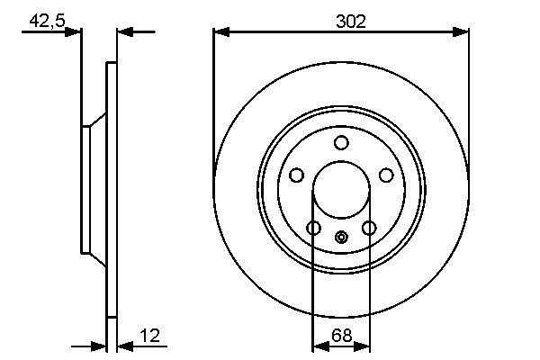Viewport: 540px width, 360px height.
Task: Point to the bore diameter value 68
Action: click(x=341, y=337)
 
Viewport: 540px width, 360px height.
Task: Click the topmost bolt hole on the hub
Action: click(x=341, y=143)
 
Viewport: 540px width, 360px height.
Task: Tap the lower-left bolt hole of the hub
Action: click(x=313, y=229)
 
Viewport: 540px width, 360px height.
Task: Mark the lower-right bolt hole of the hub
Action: click(x=368, y=229)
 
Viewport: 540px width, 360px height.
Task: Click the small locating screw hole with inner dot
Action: click(x=341, y=238)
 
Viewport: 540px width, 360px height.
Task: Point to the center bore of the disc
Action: click(x=341, y=191)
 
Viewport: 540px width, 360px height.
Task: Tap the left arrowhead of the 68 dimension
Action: click(x=318, y=345)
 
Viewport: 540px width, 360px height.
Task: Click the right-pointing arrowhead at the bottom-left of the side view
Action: click(x=99, y=345)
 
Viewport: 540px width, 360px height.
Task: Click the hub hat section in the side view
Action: click(x=93, y=190)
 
